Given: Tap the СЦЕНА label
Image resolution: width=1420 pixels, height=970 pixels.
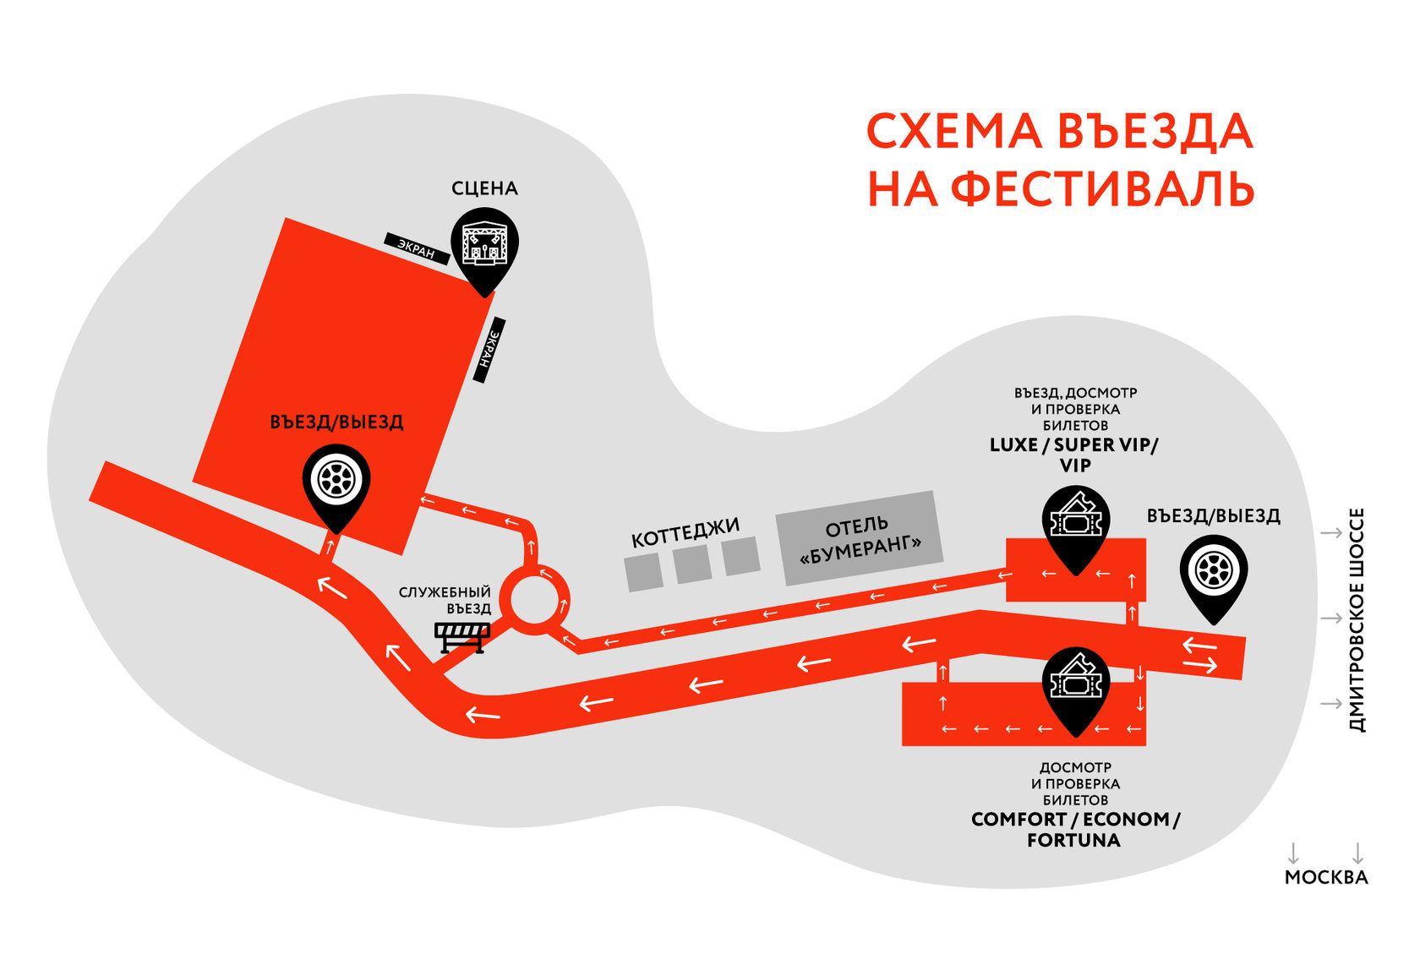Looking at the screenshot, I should point(484,188).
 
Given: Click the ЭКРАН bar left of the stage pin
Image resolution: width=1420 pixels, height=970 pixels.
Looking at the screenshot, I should point(416,248).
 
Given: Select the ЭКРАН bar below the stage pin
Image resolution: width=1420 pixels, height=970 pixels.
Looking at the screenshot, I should point(489,350).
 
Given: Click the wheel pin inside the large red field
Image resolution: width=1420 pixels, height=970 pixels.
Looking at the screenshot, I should point(336,482).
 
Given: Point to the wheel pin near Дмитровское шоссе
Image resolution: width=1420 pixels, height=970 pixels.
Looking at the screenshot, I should point(1214,573).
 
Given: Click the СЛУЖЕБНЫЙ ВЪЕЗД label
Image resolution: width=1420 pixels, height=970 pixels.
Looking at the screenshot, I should point(445,601).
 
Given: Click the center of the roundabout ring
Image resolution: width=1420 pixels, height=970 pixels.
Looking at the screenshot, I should point(534,601).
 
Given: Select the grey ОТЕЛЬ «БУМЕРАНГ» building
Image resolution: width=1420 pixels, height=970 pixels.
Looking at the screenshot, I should point(859,538).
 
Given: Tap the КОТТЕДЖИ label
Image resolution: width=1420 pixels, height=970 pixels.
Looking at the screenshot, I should point(685,532).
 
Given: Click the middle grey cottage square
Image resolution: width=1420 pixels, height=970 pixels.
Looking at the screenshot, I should point(693,564).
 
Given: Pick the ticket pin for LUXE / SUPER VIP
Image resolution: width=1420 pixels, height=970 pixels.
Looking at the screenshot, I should point(1075,525).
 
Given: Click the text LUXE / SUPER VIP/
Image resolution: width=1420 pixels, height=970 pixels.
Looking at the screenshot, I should point(1073,445).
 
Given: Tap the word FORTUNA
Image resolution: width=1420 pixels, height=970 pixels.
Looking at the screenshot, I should point(1073,841).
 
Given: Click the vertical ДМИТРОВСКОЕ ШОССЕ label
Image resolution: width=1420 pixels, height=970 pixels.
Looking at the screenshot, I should point(1357,619).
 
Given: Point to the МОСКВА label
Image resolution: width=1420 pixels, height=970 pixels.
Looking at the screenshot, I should point(1325,877).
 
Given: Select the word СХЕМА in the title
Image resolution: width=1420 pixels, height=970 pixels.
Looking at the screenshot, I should point(953,133).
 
